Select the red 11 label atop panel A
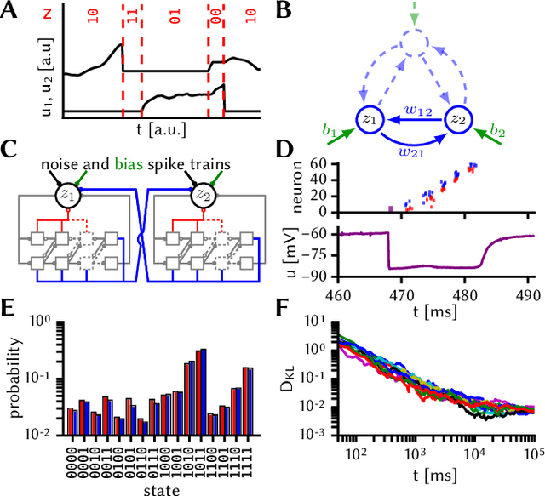[131, 14]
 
